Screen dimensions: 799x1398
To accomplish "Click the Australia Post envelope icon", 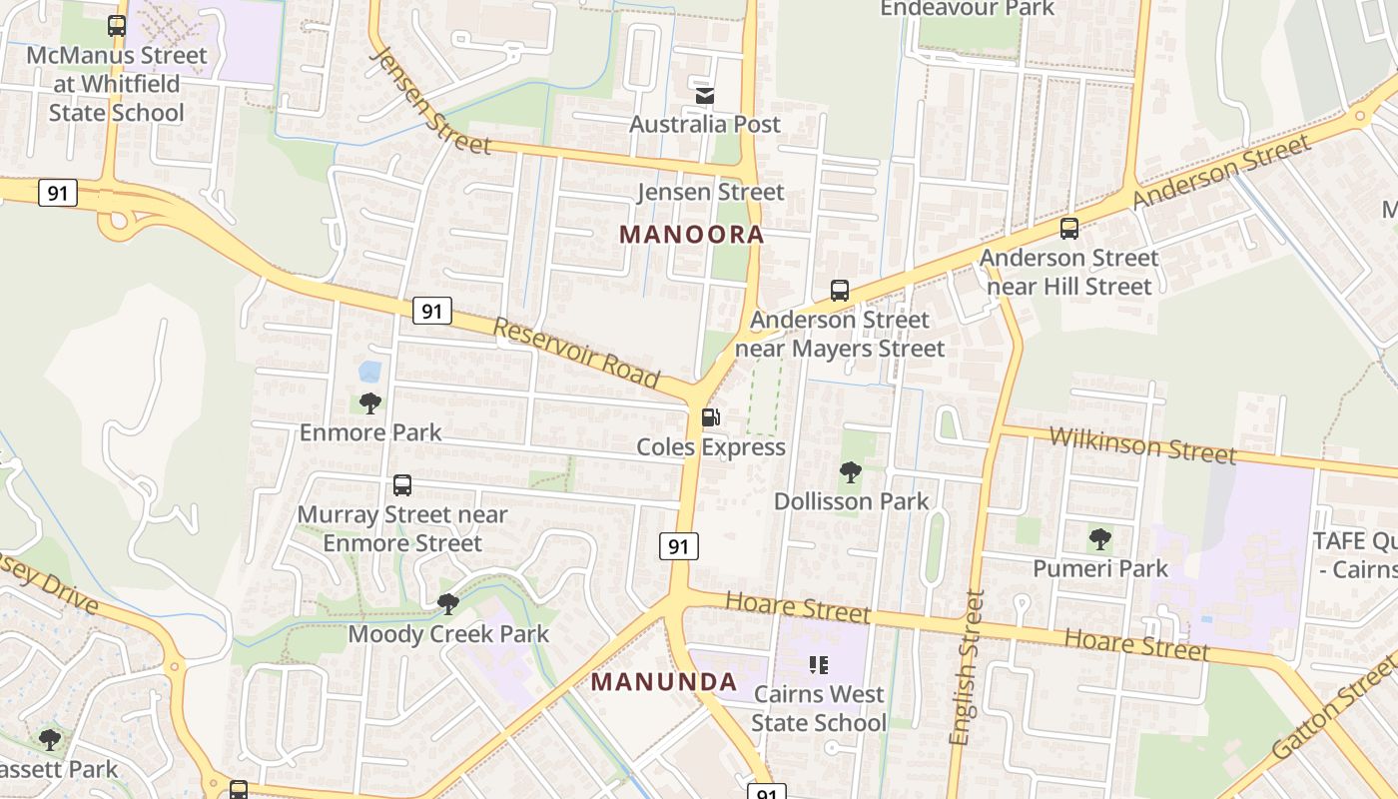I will point(705,95).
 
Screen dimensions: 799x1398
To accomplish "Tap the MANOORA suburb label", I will point(692,235).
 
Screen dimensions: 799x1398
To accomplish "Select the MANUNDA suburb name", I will point(664,682).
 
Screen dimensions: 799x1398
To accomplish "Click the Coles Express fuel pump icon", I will point(710,417).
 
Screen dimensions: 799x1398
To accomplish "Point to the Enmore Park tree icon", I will point(370,403).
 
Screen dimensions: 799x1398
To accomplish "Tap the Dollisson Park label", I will point(852,501).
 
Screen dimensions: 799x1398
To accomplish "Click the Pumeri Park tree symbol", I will point(1100,539).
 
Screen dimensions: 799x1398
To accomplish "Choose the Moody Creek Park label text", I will point(448,634).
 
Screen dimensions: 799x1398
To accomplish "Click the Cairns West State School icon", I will point(819,664).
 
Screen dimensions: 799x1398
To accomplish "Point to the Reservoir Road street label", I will point(577,353).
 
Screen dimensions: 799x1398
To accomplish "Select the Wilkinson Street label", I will point(1142,444).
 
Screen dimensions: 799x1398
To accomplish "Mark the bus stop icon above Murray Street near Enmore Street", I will point(402,485).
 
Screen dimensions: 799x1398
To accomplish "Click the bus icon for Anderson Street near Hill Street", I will point(1069,229).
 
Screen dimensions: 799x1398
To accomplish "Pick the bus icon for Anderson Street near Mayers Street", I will point(840,291).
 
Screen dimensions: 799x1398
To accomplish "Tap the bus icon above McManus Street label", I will point(117,26).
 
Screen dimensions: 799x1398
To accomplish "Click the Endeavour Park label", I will point(967,9).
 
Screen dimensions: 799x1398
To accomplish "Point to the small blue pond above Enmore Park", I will point(369,372).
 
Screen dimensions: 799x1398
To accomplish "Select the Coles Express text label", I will point(711,447).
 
